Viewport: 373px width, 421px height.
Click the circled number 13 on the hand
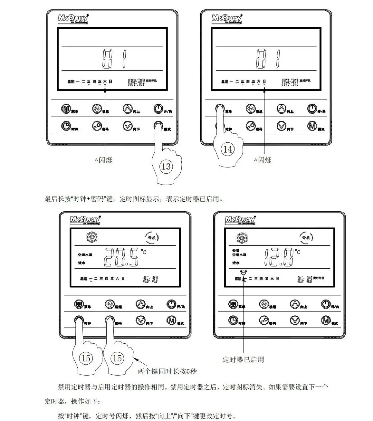click(166, 167)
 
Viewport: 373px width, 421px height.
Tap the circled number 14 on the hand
click(228, 149)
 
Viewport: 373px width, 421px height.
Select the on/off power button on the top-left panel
click(158, 109)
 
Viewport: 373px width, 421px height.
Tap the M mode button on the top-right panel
click(312, 126)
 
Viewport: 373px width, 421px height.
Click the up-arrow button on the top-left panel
click(127, 109)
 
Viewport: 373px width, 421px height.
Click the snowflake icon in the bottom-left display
click(92, 237)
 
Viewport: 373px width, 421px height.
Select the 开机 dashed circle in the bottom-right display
click(306, 237)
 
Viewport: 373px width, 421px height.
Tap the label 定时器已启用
click(243, 360)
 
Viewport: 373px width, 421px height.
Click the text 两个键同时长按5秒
click(167, 371)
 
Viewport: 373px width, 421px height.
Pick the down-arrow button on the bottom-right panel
click(295, 321)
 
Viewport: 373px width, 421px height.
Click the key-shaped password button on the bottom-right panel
click(264, 321)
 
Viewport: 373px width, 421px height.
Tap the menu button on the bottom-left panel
click(79, 304)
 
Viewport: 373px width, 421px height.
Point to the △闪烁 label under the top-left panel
click(104, 160)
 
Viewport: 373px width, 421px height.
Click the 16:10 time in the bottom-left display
click(151, 279)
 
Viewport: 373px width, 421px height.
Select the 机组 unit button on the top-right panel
click(250, 109)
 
